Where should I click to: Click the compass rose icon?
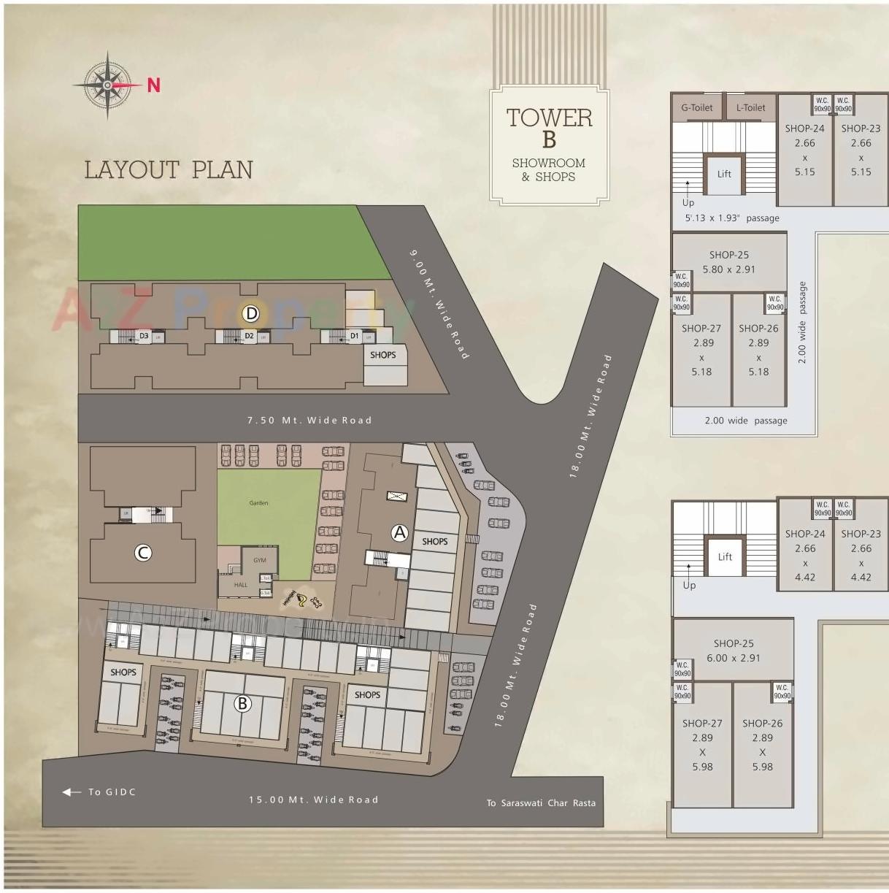click(107, 85)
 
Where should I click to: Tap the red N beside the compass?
click(153, 85)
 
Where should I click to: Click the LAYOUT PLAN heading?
click(169, 169)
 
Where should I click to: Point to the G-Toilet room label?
click(696, 107)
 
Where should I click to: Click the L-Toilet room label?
click(750, 107)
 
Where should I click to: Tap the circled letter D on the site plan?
click(251, 314)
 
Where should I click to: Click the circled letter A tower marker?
click(399, 532)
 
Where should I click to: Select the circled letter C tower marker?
click(143, 553)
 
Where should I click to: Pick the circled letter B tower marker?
click(242, 704)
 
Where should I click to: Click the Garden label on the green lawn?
click(258, 502)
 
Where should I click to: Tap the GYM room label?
click(260, 560)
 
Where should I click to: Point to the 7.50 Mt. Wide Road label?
click(309, 420)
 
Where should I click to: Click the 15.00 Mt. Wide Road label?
click(314, 800)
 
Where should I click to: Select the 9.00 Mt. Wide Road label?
click(438, 304)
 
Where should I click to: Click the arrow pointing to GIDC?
click(72, 792)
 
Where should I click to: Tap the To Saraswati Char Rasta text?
click(541, 803)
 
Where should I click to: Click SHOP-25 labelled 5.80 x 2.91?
click(728, 262)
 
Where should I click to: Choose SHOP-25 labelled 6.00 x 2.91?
click(733, 651)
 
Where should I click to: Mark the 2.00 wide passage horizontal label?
click(746, 421)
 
